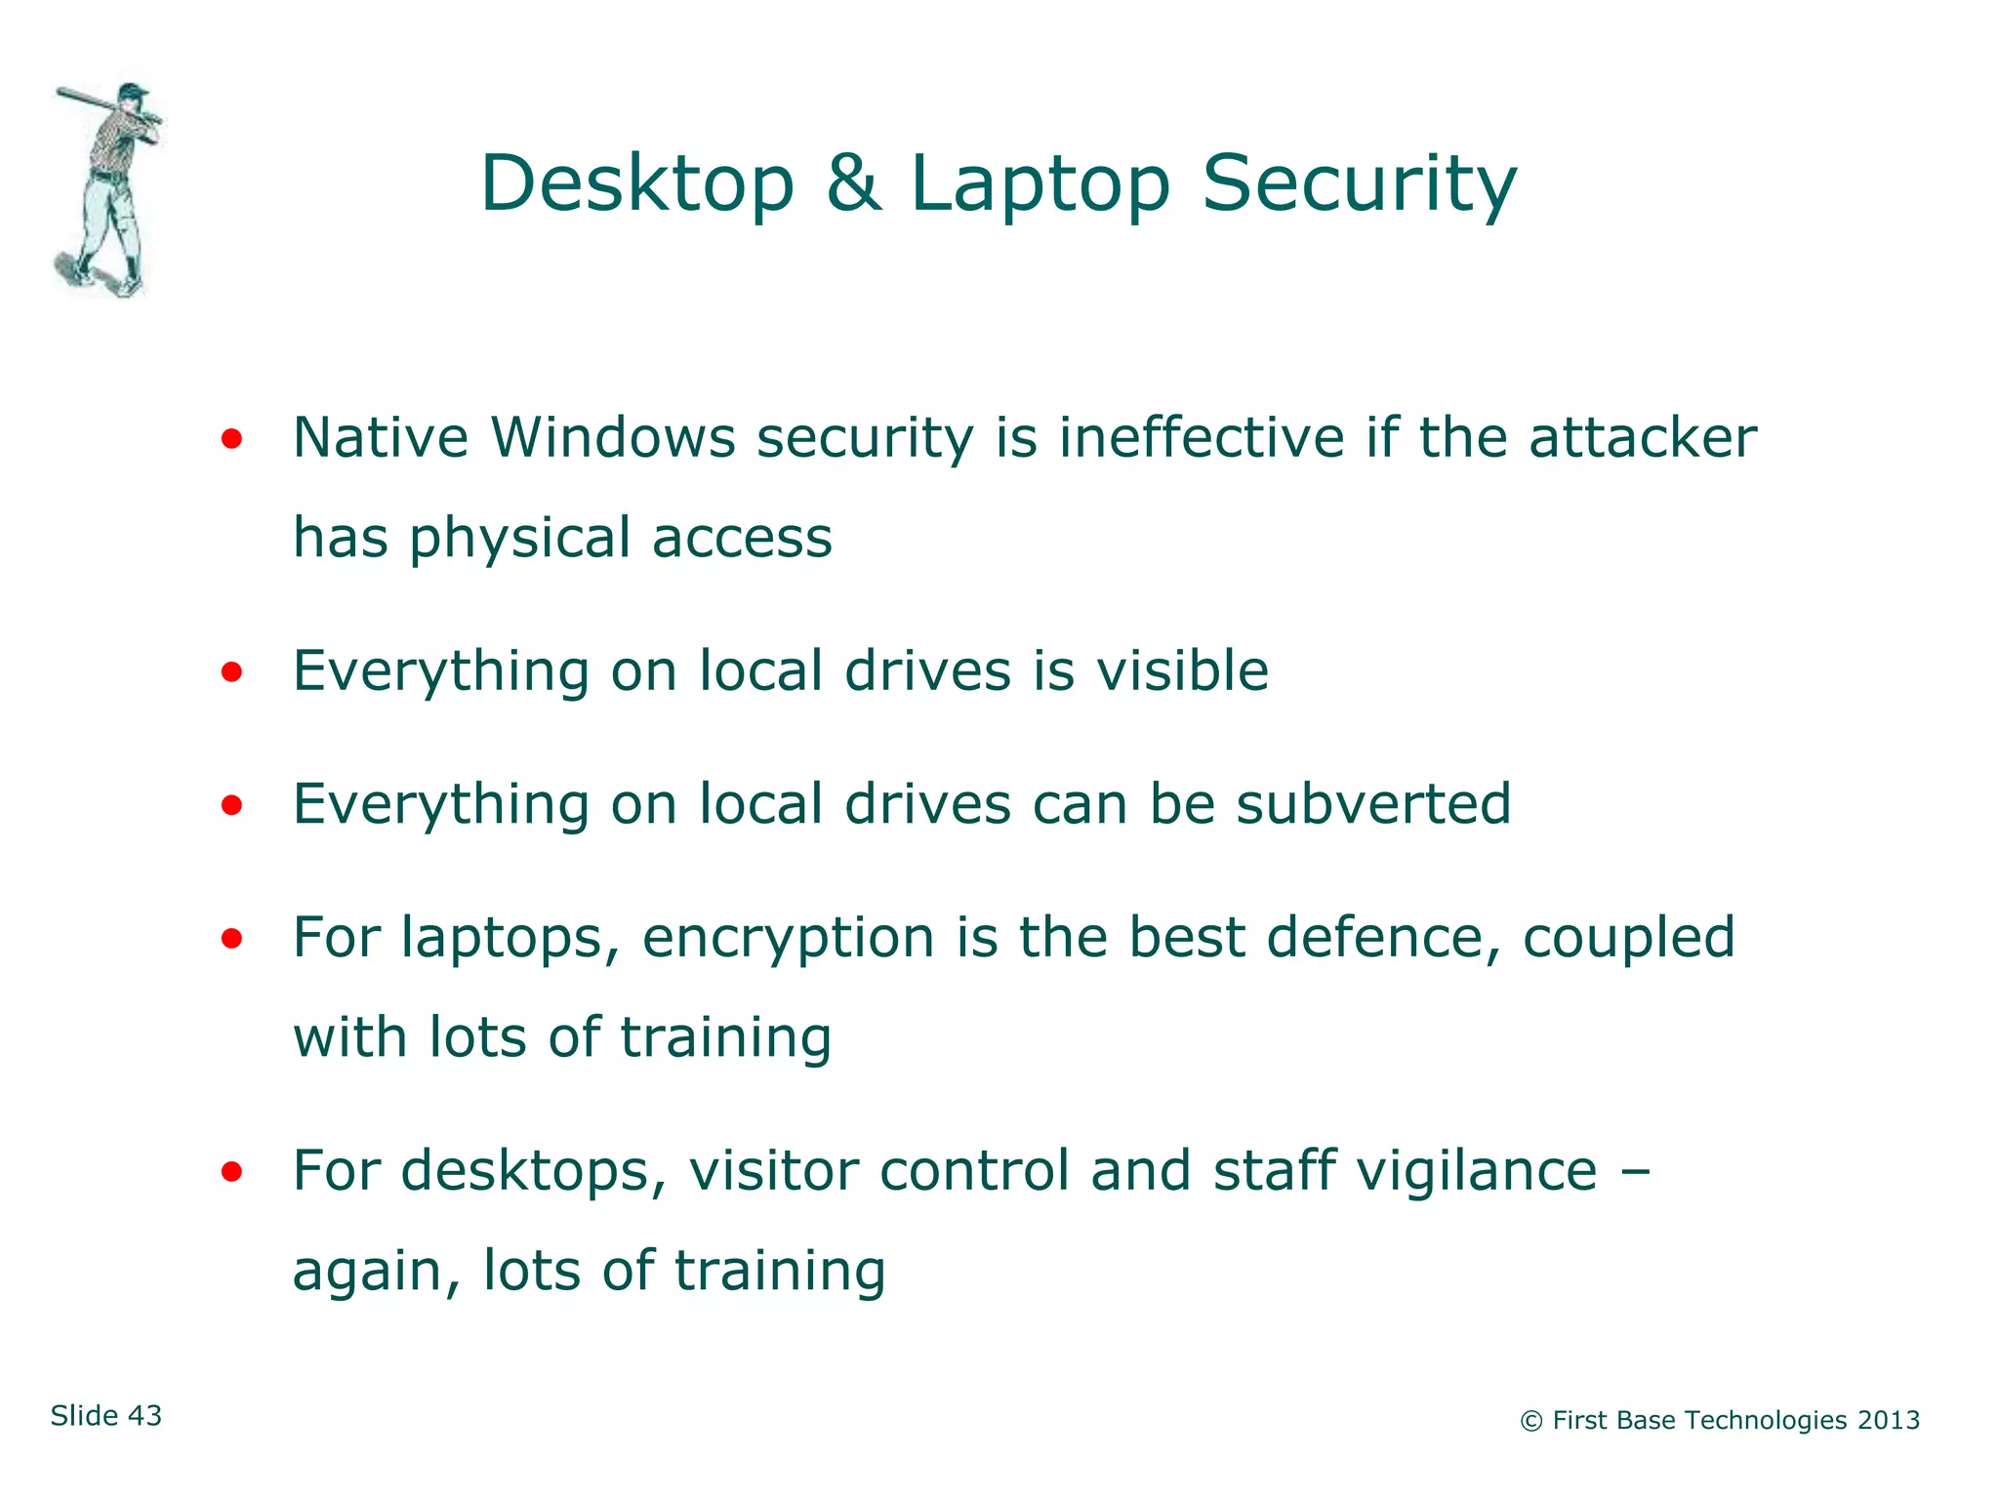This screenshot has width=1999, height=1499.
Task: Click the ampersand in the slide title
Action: pyautogui.click(x=854, y=183)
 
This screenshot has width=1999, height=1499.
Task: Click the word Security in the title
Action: pyautogui.click(x=1359, y=185)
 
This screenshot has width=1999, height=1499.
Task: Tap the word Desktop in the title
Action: pyautogui.click(x=637, y=185)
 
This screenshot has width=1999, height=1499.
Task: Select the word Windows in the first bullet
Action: pyautogui.click(x=613, y=437)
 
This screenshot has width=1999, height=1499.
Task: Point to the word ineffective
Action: pyautogui.click(x=1202, y=437)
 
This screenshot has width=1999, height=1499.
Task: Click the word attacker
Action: pyautogui.click(x=1643, y=437)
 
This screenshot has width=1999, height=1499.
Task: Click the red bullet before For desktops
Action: pyautogui.click(x=231, y=1172)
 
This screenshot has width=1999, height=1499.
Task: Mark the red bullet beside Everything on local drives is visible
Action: pyautogui.click(x=231, y=672)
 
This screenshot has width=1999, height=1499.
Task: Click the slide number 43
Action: pyautogui.click(x=144, y=1416)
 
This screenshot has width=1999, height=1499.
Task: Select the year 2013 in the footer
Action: pyautogui.click(x=1889, y=1421)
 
